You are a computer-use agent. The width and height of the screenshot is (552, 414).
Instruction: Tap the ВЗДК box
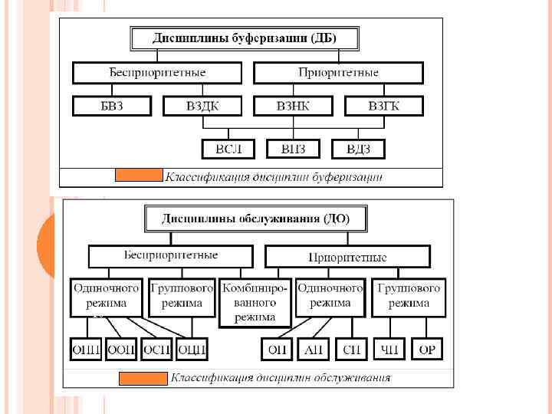coord(201,105)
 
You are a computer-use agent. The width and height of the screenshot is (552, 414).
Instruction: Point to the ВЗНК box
coord(293,105)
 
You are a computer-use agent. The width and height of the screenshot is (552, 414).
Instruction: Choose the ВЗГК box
coord(383,105)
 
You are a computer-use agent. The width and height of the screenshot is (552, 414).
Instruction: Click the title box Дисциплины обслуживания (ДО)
coord(255,219)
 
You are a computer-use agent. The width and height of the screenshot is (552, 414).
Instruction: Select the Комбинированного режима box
coord(255,302)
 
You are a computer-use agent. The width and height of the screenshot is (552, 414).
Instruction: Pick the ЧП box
coord(390,350)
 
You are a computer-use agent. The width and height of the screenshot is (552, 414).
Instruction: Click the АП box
coord(314,350)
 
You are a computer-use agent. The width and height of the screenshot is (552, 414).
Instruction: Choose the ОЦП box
coord(192,350)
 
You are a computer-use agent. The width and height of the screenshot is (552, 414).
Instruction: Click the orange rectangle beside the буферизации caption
coord(139,176)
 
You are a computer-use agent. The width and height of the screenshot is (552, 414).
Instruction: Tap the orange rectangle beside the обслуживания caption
coord(143,378)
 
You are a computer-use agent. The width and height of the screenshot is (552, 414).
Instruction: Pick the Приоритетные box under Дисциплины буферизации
coord(338,73)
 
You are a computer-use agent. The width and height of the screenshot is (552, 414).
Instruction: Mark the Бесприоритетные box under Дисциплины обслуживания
coord(170,255)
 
